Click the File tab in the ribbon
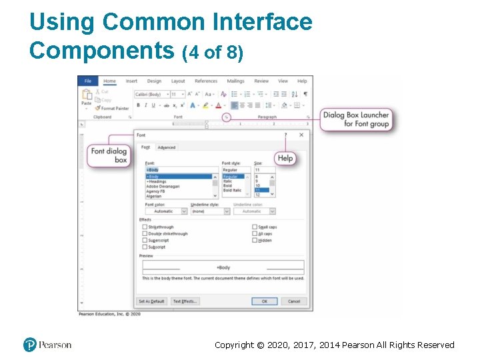88,81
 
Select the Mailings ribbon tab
235,81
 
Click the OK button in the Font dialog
264,301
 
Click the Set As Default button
151,301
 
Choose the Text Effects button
185,301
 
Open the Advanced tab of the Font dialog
167,147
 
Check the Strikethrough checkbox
145,227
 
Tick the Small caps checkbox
255,227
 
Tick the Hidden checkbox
255,241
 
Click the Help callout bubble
285,158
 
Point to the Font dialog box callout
109,155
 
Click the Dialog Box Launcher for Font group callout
357,119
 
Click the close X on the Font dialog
301,135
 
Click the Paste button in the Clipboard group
87,99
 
